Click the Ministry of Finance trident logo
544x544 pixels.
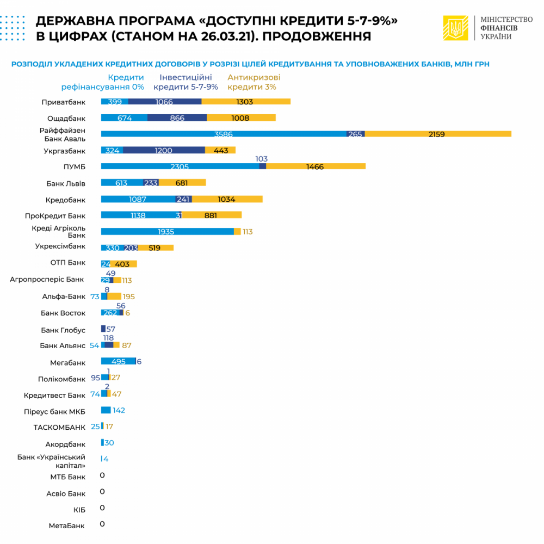click(456, 27)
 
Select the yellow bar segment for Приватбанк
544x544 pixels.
click(246, 102)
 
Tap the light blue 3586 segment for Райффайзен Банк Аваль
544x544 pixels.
click(224, 134)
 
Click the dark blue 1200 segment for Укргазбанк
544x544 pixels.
click(164, 150)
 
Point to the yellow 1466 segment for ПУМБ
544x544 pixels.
click(316, 166)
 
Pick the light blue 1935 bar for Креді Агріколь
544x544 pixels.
click(167, 231)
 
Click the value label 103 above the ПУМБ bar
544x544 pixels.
click(262, 159)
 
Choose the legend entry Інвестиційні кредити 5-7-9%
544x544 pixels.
click(186, 82)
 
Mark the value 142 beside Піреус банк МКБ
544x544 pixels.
click(119, 410)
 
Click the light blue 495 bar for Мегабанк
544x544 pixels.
click(118, 361)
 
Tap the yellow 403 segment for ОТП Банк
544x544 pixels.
click(123, 264)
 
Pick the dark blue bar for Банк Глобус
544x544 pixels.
click(103, 329)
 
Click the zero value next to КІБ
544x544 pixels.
click(102, 508)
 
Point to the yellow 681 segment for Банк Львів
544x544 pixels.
click(182, 183)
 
